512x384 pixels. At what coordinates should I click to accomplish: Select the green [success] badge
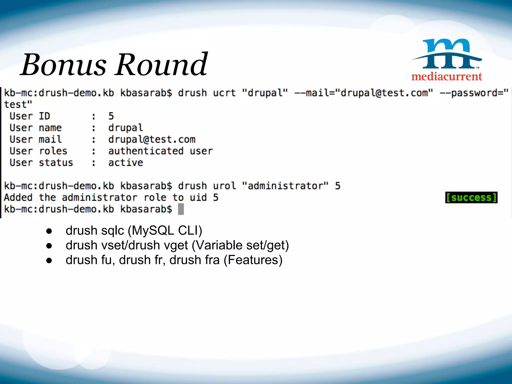click(x=471, y=197)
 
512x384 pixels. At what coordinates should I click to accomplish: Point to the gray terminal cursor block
click(x=181, y=209)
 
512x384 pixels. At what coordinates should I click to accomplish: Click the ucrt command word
click(x=224, y=93)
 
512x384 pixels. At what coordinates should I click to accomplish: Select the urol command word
click(x=224, y=186)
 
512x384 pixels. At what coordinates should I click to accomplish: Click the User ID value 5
click(x=111, y=116)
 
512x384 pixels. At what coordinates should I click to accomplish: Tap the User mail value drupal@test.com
click(x=152, y=139)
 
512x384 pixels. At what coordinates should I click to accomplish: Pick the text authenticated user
click(x=160, y=151)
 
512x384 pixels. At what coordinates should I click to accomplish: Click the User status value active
click(x=125, y=163)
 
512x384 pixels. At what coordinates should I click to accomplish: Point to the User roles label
click(x=38, y=151)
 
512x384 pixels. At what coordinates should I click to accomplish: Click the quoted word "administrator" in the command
click(x=285, y=186)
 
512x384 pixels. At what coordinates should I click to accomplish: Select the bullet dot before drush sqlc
click(x=49, y=231)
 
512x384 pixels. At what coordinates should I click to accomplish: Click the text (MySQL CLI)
click(x=165, y=230)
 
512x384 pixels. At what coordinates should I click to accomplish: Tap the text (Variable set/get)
click(x=240, y=245)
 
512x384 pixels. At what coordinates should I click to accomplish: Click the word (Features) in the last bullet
click(x=253, y=260)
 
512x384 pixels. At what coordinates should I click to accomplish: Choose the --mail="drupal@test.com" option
click(x=363, y=93)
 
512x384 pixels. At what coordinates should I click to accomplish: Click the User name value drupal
click(x=125, y=128)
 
